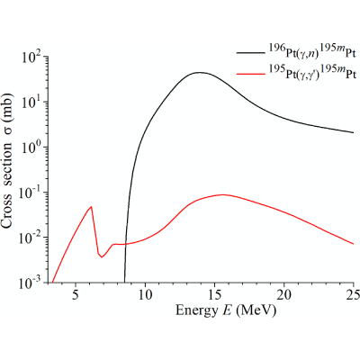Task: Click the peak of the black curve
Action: click(x=199, y=72)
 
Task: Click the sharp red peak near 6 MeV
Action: click(x=91, y=207)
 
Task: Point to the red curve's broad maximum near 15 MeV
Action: click(x=222, y=194)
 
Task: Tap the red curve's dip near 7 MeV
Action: click(x=102, y=257)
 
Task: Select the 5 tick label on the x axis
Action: click(x=76, y=294)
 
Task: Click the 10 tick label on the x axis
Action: click(x=145, y=294)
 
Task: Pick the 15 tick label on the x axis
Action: click(x=214, y=294)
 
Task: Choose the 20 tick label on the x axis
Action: click(x=284, y=294)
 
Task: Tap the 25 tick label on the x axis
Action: click(x=353, y=294)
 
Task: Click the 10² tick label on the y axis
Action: click(x=32, y=57)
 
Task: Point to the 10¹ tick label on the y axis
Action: click(x=32, y=102)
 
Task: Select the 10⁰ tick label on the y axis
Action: click(x=32, y=148)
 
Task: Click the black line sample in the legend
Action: click(x=250, y=53)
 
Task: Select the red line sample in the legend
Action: click(x=250, y=73)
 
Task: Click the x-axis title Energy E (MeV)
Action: click(x=225, y=310)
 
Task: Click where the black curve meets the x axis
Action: click(x=124, y=283)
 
